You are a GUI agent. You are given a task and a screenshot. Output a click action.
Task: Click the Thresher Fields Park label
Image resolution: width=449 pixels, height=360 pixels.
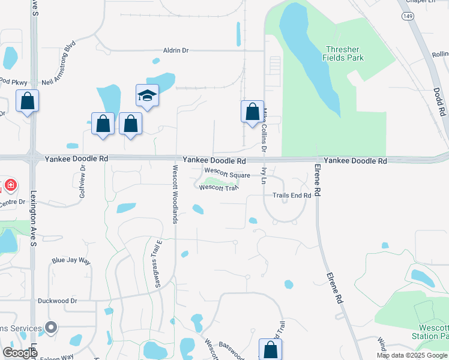click(x=344, y=53)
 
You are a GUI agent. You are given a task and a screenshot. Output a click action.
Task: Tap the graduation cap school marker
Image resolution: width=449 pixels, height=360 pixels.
click(x=147, y=96)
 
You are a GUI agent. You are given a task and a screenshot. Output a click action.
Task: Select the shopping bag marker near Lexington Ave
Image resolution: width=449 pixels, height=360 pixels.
click(x=28, y=101)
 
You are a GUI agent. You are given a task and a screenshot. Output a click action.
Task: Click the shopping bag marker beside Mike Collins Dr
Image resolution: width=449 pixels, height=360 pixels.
click(x=252, y=112)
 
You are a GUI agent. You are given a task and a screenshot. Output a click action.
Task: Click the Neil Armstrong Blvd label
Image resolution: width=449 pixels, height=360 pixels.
click(x=60, y=64)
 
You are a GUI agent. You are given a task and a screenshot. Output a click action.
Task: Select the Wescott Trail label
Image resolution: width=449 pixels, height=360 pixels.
click(x=219, y=188)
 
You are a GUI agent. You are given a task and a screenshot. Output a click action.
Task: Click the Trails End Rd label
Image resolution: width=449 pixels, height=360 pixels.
click(x=292, y=196)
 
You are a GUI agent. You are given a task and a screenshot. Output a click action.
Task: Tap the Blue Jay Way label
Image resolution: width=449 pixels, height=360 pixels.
click(x=71, y=261)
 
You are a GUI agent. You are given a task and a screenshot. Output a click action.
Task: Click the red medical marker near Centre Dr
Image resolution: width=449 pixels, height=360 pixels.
click(x=10, y=185)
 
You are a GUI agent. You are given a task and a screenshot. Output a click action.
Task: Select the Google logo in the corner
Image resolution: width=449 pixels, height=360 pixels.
click(x=20, y=353)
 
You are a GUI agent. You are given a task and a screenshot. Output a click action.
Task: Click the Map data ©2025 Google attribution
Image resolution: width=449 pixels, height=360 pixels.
click(x=412, y=355)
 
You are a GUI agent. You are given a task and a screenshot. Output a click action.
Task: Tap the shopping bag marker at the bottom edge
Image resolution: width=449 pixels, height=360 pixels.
click(x=270, y=350)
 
